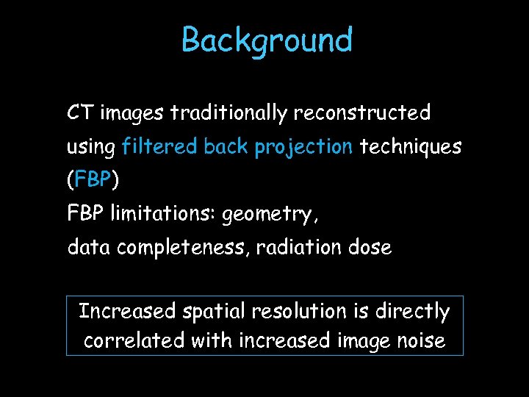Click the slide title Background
pos(267,40)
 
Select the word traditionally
pos(229,113)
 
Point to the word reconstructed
pos(361,113)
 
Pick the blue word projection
pos(303,148)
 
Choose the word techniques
pos(410,147)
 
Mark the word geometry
pos(270,215)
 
